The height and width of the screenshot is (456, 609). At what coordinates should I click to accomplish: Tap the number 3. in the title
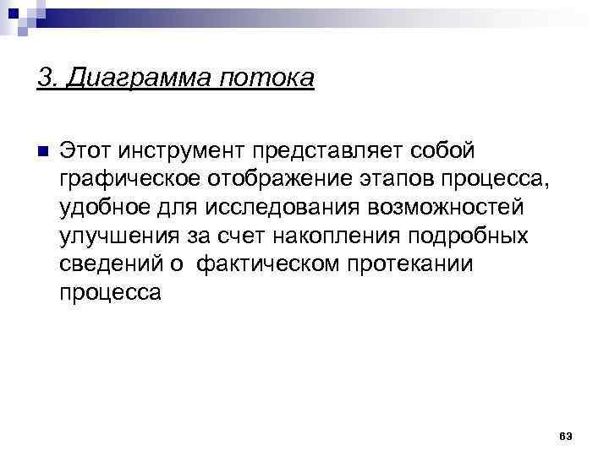(47, 79)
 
